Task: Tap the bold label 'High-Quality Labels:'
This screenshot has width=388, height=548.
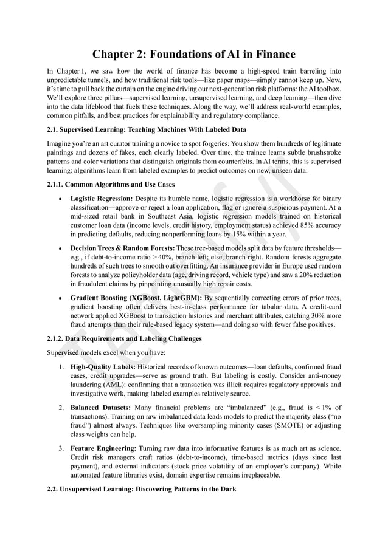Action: [x=103, y=367]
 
